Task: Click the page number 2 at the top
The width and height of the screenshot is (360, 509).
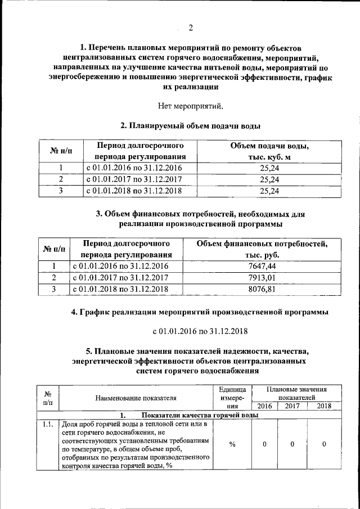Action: coord(190,28)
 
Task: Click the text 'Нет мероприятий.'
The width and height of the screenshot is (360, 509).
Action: coord(190,105)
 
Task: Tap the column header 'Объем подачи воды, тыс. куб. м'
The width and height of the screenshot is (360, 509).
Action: coord(269,151)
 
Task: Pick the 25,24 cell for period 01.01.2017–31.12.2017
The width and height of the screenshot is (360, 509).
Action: coord(269,179)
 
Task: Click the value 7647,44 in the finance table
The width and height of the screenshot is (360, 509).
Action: coord(262,266)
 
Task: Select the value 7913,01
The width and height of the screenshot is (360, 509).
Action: coord(262,278)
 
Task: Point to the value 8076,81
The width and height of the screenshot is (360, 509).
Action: coord(262,289)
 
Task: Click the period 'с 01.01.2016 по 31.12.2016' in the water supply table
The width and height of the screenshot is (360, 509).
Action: coord(134,168)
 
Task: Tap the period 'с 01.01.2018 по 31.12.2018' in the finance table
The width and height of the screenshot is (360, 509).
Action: coord(120,289)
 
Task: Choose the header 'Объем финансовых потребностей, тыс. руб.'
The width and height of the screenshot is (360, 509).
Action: coord(262,250)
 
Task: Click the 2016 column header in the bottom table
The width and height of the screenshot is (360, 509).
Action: coord(264,406)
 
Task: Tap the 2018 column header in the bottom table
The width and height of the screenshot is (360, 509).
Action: coord(324,406)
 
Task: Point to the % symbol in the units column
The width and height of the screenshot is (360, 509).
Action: coord(232,444)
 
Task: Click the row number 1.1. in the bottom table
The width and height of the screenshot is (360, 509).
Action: coord(48,424)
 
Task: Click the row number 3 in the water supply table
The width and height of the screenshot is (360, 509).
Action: coord(61,191)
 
